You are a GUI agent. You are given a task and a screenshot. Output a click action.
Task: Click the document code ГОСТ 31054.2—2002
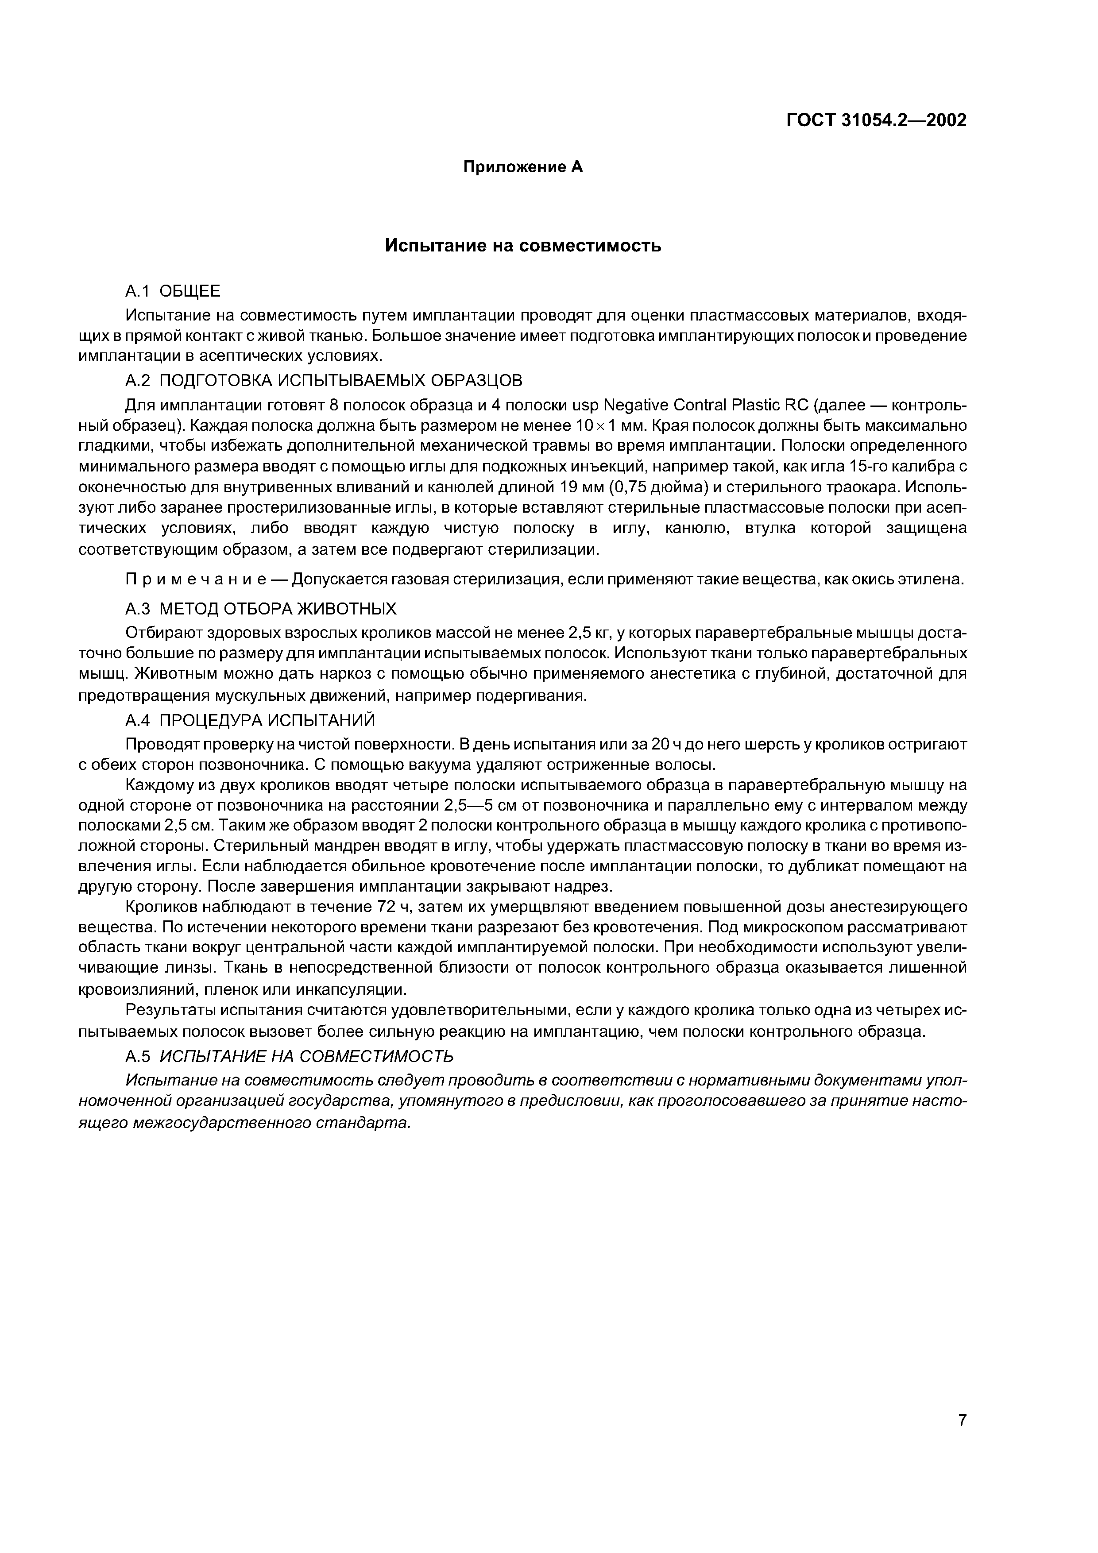(x=876, y=120)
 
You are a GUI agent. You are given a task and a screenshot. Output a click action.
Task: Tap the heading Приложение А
(x=522, y=167)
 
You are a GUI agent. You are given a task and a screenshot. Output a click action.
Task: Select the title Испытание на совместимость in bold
(x=522, y=246)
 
